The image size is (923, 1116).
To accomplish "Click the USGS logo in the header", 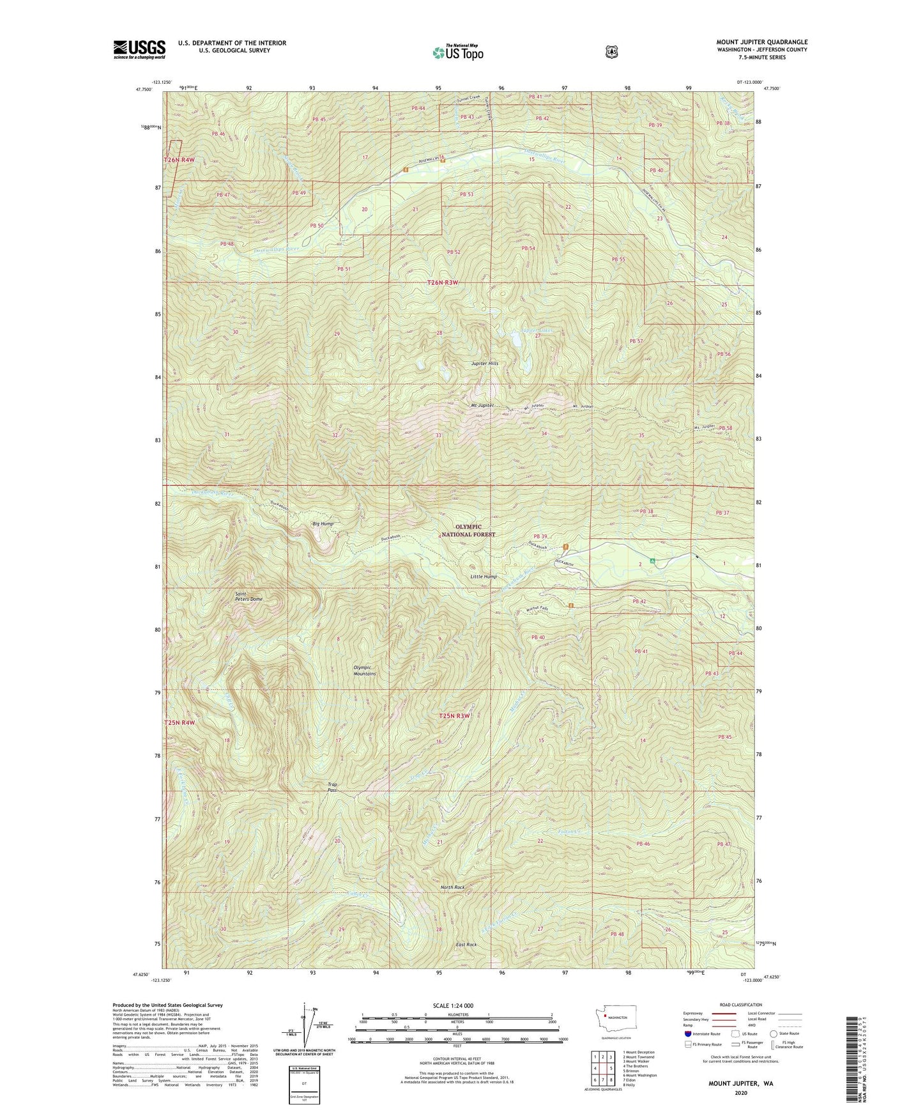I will pos(139,49).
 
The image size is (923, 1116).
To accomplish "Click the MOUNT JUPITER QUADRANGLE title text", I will pos(761,42).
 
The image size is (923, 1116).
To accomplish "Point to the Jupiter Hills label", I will pos(485,363).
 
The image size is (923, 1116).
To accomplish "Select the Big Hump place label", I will pos(323,523).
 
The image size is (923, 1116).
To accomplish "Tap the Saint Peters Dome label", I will pos(248,596).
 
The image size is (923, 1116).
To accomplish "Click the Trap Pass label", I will pos(332,787).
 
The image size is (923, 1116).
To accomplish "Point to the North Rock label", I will pos(452,887).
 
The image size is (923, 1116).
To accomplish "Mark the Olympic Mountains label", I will pos(365,670).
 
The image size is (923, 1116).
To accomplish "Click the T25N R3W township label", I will pos(454,716).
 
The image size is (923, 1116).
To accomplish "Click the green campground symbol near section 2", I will pos(653,561).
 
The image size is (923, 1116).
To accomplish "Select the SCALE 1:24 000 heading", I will pos(453,1005).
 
